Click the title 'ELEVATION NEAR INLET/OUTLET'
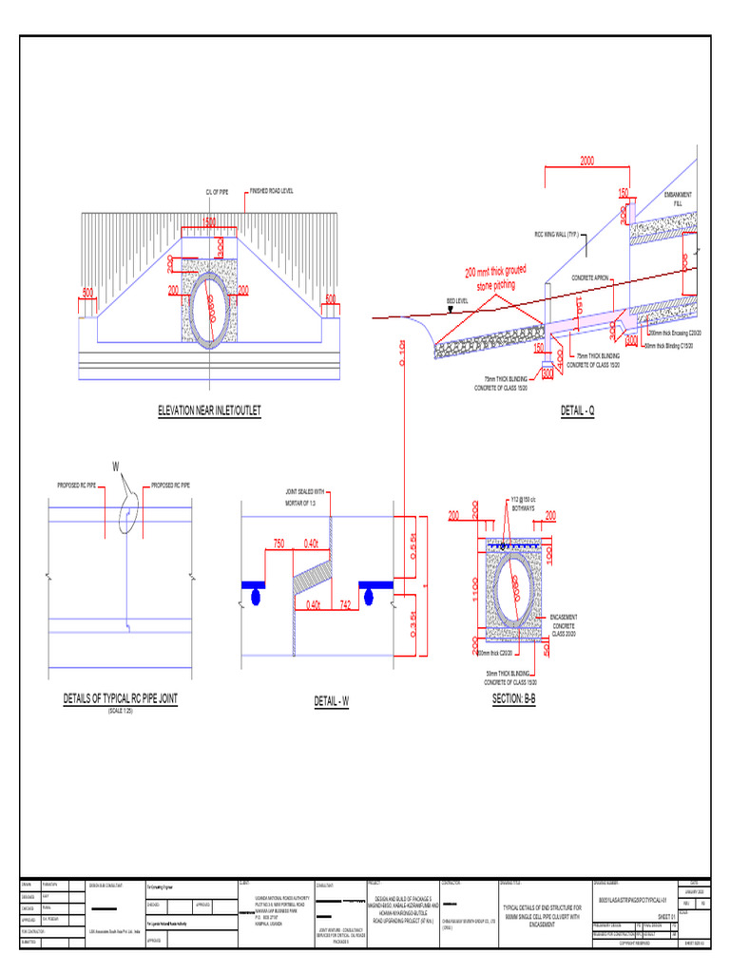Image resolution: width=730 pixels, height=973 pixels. tap(209, 410)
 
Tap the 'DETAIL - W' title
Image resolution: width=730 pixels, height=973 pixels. tap(332, 701)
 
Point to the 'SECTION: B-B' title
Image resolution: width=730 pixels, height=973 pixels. tap(514, 699)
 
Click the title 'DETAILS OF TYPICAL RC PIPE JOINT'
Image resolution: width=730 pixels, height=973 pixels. tap(121, 697)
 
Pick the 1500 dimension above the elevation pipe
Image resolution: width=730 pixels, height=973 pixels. tap(209, 221)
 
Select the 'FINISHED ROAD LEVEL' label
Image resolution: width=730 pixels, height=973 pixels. tap(272, 191)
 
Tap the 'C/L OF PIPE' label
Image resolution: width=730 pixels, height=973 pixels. tap(217, 191)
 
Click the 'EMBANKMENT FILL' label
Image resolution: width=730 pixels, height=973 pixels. tap(678, 199)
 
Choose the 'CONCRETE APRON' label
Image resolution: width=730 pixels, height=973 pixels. tap(589, 278)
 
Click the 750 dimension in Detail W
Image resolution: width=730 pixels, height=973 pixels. tap(279, 543)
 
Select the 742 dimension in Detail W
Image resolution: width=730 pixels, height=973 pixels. tap(345, 603)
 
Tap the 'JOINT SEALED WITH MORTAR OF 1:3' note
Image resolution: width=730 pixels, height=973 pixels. tap(304, 496)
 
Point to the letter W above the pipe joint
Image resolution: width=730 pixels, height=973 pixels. tap(116, 467)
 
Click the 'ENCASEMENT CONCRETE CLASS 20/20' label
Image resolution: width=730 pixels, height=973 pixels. tap(565, 624)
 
